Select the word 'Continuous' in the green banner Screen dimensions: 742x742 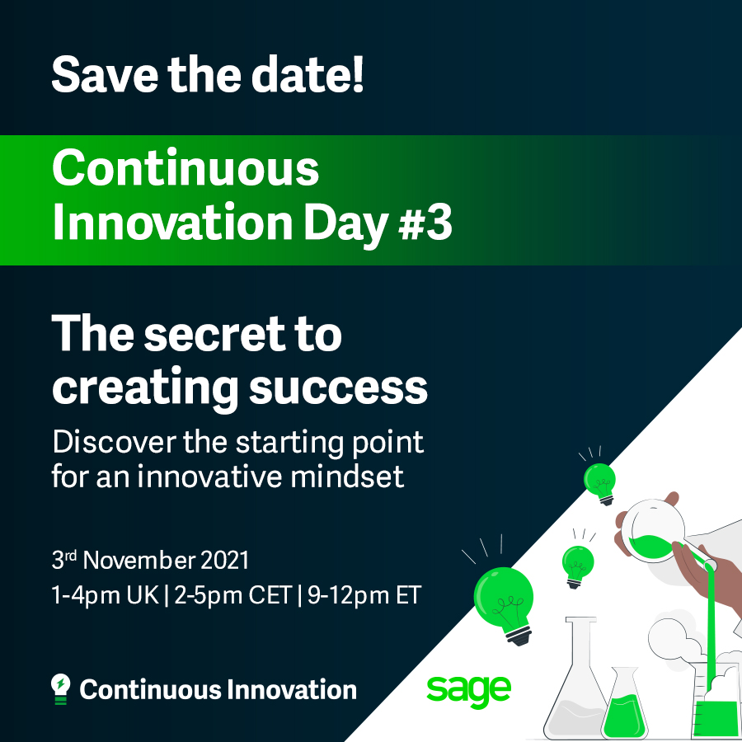[185, 169]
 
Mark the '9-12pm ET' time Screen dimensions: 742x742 [364, 596]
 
